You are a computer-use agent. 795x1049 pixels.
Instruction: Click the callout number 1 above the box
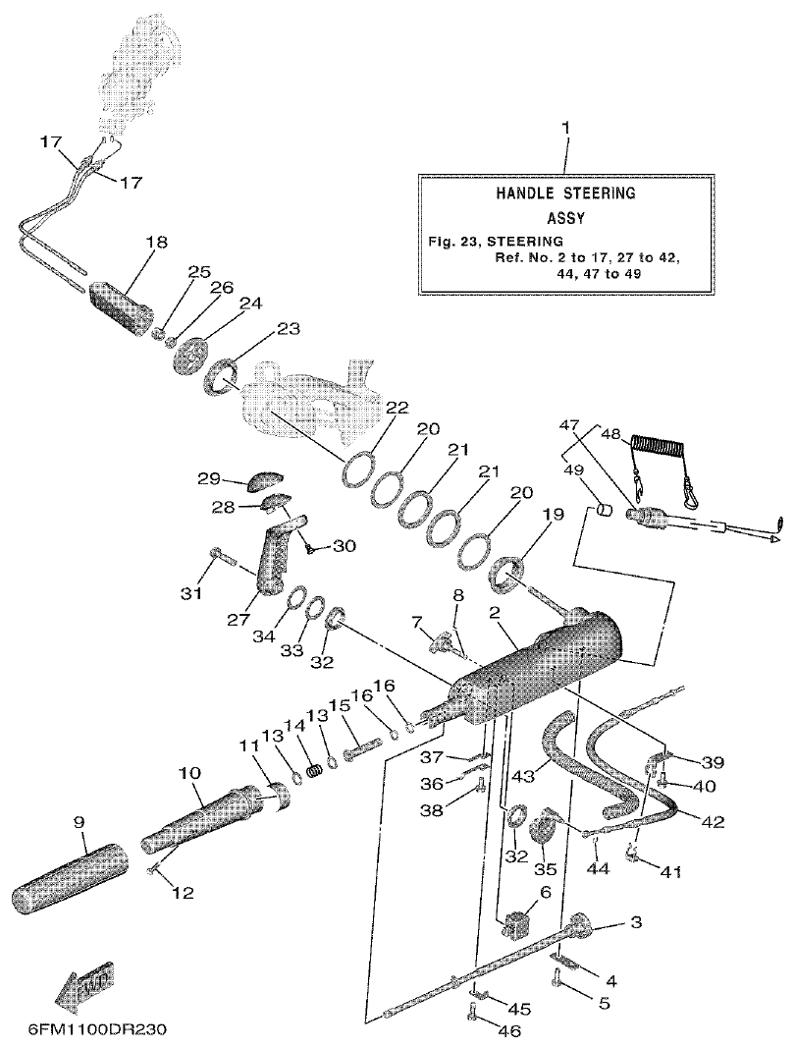tap(564, 129)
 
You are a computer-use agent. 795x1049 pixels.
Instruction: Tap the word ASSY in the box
tap(564, 218)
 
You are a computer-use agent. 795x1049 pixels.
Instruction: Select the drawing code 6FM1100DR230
tap(84, 1032)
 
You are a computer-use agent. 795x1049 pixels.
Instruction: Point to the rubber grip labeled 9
tap(66, 872)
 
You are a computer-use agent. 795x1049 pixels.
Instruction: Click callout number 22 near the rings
tap(397, 407)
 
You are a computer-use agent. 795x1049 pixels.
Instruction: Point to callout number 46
tap(509, 1030)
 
